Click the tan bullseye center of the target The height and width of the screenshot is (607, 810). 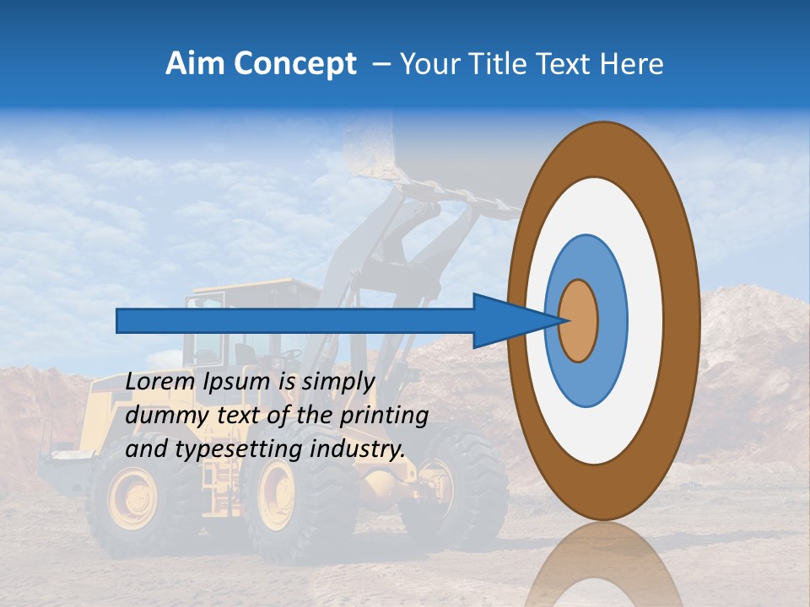point(579,320)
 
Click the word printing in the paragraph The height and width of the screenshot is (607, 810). point(386,416)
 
